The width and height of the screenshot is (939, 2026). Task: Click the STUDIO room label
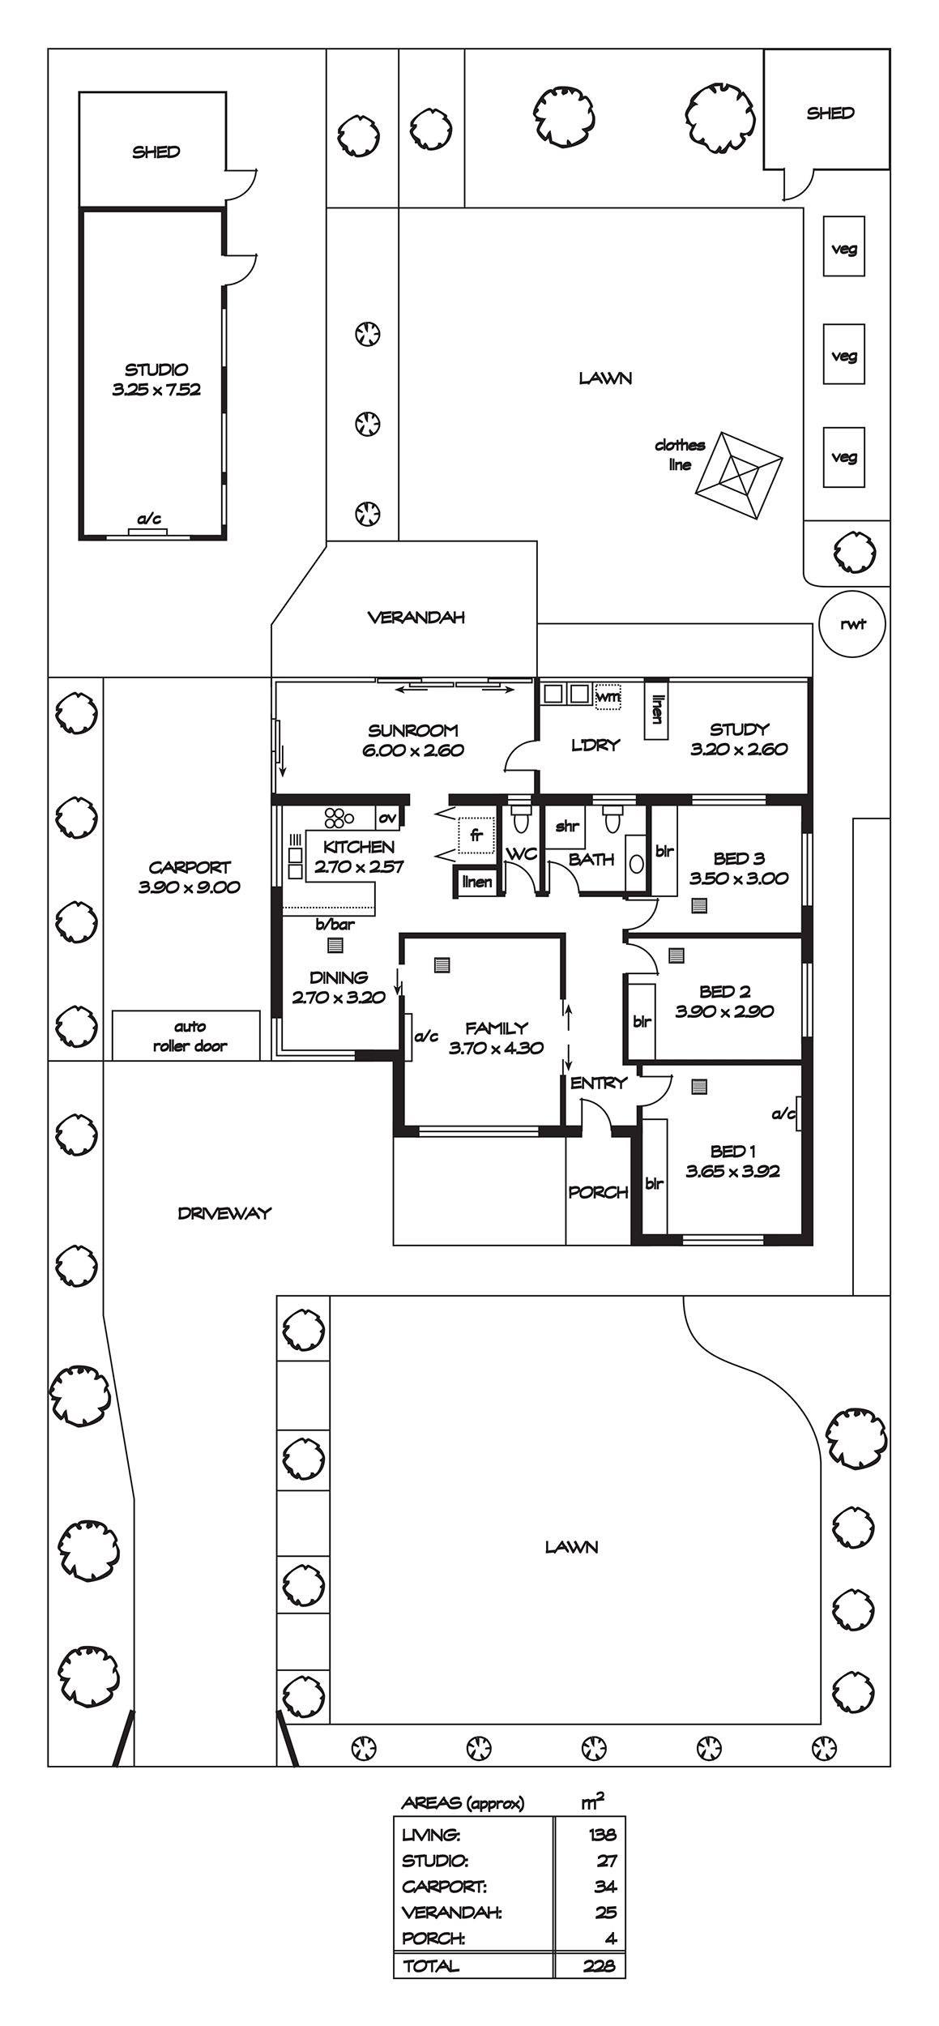point(156,370)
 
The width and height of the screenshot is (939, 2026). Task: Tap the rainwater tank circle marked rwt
point(853,623)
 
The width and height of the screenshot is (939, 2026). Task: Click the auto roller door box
point(186,1035)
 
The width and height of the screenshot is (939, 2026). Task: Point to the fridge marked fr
point(476,836)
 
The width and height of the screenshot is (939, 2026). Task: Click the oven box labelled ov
point(388,818)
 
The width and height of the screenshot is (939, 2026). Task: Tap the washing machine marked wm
point(608,696)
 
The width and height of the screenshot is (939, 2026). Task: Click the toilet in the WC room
point(520,820)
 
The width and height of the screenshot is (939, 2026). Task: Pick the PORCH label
point(599,1192)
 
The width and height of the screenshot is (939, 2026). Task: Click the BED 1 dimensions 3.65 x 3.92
point(732,1171)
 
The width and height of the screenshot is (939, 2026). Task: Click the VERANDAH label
point(416,618)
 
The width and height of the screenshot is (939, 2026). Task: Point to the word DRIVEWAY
point(224,1213)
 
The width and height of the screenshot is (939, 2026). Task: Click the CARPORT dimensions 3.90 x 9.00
point(190,887)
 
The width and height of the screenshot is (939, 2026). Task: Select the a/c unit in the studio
point(147,532)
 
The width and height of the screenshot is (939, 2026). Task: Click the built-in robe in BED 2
point(641,1021)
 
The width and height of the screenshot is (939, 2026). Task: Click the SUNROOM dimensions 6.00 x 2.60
point(413,750)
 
